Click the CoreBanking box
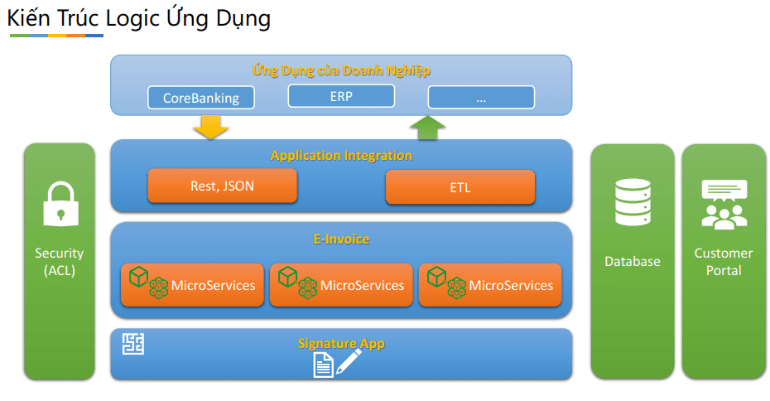(x=201, y=97)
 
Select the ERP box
(x=341, y=96)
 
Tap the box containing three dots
(x=481, y=97)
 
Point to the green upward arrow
(x=428, y=128)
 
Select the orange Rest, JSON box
(x=223, y=186)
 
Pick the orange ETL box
(x=460, y=186)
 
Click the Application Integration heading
(x=341, y=156)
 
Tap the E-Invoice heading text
(x=341, y=239)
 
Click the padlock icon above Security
(x=61, y=204)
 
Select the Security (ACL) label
(x=60, y=262)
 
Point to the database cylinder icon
(x=633, y=202)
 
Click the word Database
(x=633, y=262)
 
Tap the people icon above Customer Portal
(x=724, y=205)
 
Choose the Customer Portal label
(x=724, y=262)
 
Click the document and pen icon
(x=337, y=363)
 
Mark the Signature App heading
(x=341, y=344)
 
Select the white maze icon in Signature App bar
(x=133, y=344)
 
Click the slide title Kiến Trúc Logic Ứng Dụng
(x=139, y=18)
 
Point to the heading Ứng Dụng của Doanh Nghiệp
(x=341, y=70)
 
